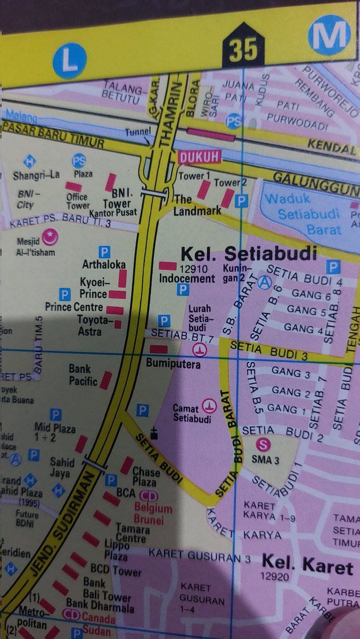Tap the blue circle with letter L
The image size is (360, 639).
pyautogui.click(x=70, y=60)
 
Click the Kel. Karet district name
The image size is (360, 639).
pyautogui.click(x=308, y=566)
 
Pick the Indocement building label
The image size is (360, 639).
pyautogui.click(x=187, y=278)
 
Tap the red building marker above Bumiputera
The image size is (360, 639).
pyautogui.click(x=158, y=349)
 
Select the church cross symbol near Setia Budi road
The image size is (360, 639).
pyautogui.click(x=154, y=433)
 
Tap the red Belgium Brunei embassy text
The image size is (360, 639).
pyautogui.click(x=153, y=514)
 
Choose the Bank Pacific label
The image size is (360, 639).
pyautogui.click(x=83, y=375)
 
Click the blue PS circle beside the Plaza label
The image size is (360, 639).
pyautogui.click(x=79, y=160)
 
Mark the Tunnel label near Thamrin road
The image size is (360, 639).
pyautogui.click(x=138, y=132)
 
